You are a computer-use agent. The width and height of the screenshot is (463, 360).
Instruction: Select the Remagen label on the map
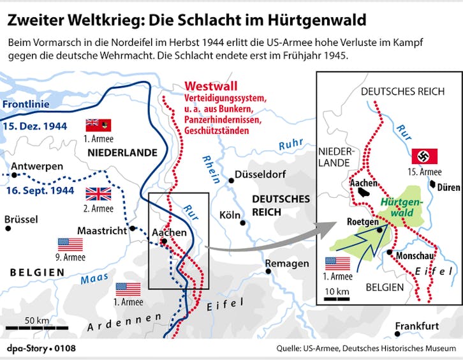(288, 263)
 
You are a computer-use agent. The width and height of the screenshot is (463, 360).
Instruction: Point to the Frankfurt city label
(417, 326)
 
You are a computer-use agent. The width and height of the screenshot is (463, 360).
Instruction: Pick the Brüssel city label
(21, 220)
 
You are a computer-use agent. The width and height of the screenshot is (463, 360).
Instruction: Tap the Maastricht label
(102, 230)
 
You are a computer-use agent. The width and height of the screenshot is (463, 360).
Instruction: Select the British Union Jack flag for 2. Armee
(98, 193)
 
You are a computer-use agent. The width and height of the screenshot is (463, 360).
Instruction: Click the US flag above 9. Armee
(70, 244)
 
